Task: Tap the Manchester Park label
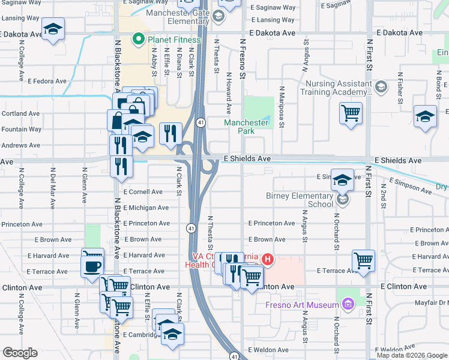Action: click(x=246, y=127)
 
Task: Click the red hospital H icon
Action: click(x=268, y=259)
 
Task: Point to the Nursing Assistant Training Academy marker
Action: click(x=381, y=88)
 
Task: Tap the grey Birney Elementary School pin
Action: click(x=342, y=199)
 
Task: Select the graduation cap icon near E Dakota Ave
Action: click(x=53, y=29)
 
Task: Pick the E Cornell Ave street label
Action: click(x=143, y=192)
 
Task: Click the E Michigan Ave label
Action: click(x=146, y=208)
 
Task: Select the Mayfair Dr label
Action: click(x=431, y=304)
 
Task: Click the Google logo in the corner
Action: click(x=20, y=353)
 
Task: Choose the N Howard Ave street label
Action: click(x=229, y=93)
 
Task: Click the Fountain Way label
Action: click(x=21, y=129)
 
